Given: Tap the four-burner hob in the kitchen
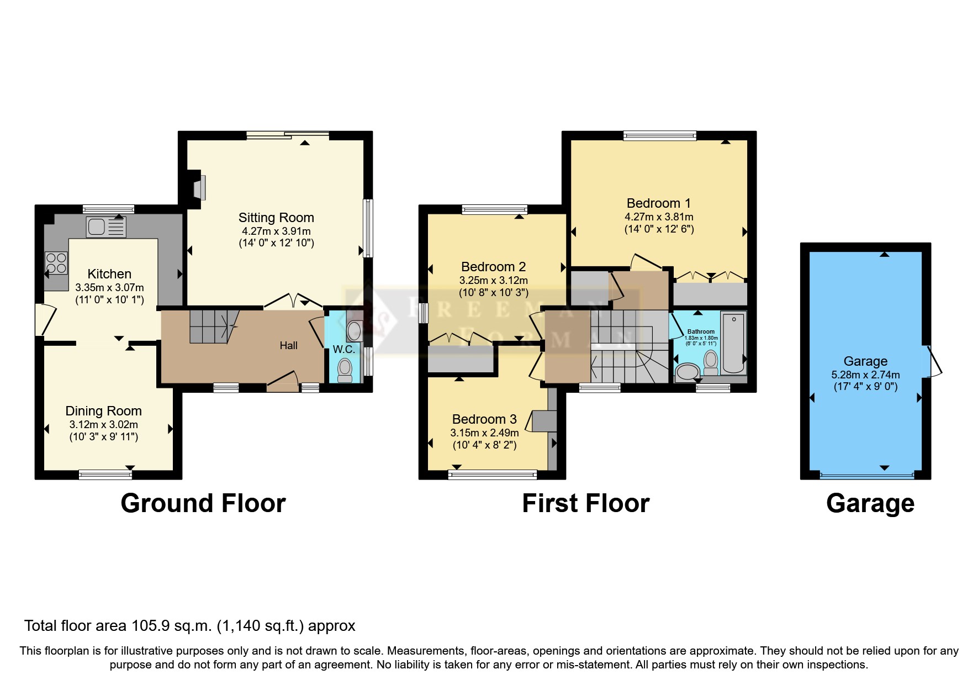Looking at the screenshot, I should (56, 263).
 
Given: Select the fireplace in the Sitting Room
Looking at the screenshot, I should (199, 187).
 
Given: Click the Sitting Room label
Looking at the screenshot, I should (276, 218).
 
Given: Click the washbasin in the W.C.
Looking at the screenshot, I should (354, 331).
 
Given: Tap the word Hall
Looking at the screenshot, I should (288, 346).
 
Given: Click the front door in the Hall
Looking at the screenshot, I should (282, 382).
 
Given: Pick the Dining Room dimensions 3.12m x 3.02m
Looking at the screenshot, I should (104, 425).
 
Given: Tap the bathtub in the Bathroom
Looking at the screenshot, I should (733, 342).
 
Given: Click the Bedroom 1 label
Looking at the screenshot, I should (658, 203).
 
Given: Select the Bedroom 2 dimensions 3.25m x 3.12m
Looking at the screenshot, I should (493, 281).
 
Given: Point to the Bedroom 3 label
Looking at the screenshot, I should (484, 419).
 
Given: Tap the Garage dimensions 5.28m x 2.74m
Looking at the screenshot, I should (865, 375).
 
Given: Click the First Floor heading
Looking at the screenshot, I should (585, 503).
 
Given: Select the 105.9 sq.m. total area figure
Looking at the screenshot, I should (172, 626).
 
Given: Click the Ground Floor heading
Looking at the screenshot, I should (203, 503).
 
